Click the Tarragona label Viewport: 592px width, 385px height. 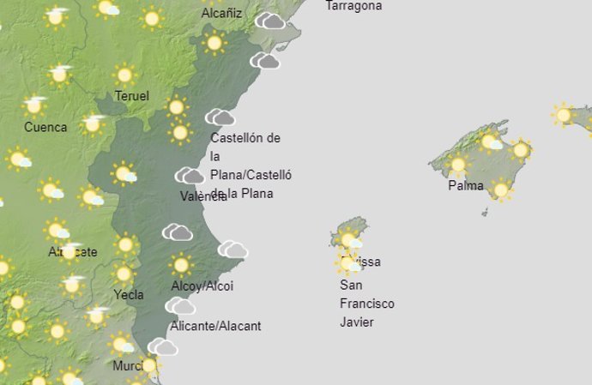click(353, 6)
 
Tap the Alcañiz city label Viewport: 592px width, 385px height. click(221, 14)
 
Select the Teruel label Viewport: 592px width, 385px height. click(131, 96)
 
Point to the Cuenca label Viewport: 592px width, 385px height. click(45, 127)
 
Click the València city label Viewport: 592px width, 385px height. click(203, 196)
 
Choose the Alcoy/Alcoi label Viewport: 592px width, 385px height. click(202, 286)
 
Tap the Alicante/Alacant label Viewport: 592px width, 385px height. click(215, 326)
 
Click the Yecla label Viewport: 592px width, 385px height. click(129, 294)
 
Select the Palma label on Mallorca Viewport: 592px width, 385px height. click(465, 185)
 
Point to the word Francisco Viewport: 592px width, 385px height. click(366, 304)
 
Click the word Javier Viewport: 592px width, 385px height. click(357, 322)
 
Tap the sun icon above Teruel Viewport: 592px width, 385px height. click(124, 75)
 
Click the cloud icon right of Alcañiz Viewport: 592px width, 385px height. click(270, 20)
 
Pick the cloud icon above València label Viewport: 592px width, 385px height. click(190, 176)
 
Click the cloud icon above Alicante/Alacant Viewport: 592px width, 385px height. click(180, 306)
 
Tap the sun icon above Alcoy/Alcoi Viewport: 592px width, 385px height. click(180, 265)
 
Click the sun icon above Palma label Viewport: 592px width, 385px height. click(458, 164)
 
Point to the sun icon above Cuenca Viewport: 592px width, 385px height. click(35, 105)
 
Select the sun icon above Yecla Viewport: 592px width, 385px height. click(124, 274)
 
